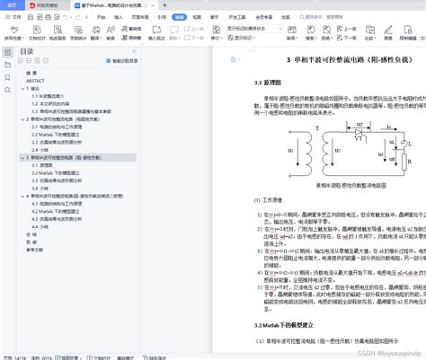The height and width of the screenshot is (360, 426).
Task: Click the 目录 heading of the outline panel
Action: pyautogui.click(x=27, y=51)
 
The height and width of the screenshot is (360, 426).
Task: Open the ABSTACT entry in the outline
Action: pyautogui.click(x=37, y=80)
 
